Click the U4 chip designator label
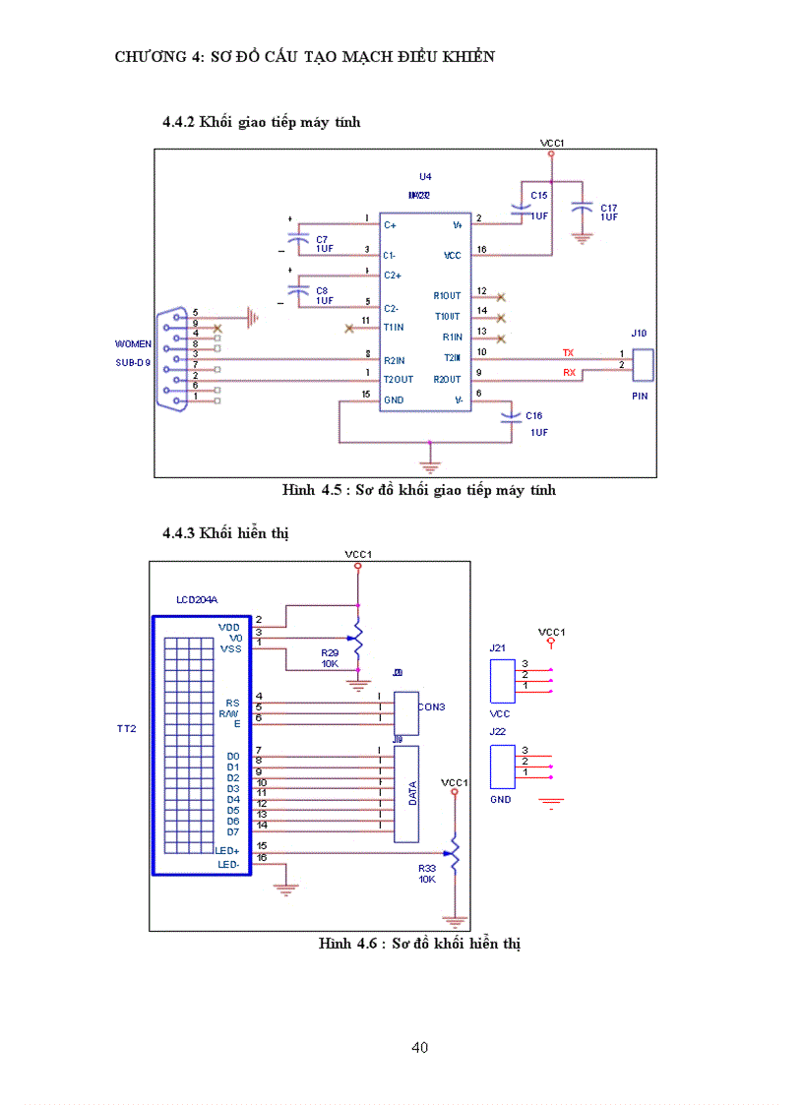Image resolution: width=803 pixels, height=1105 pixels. (x=425, y=176)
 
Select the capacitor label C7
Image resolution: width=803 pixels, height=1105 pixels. (x=322, y=239)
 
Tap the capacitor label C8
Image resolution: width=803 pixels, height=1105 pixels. (x=322, y=290)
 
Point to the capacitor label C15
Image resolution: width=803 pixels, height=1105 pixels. (x=538, y=196)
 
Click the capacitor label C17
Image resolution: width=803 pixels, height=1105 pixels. (x=609, y=208)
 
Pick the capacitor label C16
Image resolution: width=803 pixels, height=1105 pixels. (x=534, y=416)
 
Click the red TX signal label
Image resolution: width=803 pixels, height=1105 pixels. (x=568, y=352)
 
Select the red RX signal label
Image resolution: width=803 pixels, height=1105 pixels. (x=569, y=372)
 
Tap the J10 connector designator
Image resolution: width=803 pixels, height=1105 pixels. (x=640, y=334)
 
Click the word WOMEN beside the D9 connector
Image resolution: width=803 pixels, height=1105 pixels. (x=133, y=344)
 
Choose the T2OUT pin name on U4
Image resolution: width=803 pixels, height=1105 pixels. (x=399, y=379)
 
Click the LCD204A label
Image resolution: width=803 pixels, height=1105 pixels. (x=197, y=598)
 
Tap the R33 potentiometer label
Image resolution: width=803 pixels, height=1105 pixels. (x=427, y=868)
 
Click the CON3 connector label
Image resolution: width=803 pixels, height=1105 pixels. (x=431, y=706)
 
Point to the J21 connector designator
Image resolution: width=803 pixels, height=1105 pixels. (x=497, y=648)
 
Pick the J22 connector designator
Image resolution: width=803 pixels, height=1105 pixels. (x=497, y=732)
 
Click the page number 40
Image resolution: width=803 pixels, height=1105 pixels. (x=419, y=1047)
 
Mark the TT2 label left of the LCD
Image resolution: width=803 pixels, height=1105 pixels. (x=125, y=729)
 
